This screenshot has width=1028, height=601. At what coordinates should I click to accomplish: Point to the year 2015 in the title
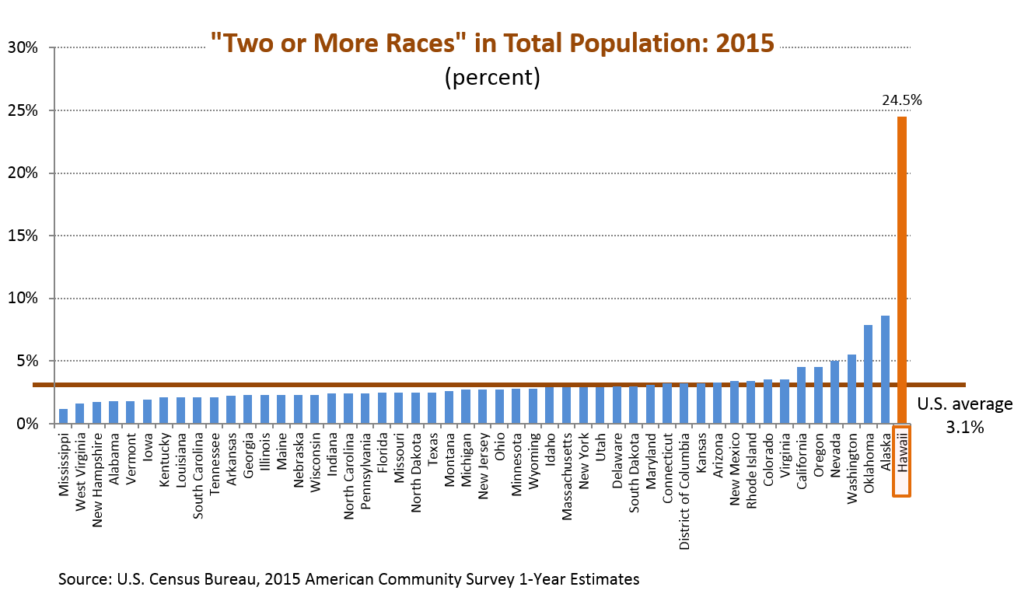746,44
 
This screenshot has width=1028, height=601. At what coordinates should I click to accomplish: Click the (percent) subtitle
492,78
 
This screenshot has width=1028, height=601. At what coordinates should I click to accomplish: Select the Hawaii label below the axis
902,460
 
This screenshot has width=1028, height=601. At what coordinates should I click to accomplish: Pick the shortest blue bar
63,416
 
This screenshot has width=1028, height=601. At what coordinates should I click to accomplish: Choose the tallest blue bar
885,369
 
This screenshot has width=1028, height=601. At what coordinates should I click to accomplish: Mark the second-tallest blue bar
868,374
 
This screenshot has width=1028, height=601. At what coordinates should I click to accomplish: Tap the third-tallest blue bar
851,389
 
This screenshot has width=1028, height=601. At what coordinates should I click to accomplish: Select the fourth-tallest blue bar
834,392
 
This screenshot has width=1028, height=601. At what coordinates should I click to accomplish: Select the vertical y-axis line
54,233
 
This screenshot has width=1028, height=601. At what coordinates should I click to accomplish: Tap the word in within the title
485,44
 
